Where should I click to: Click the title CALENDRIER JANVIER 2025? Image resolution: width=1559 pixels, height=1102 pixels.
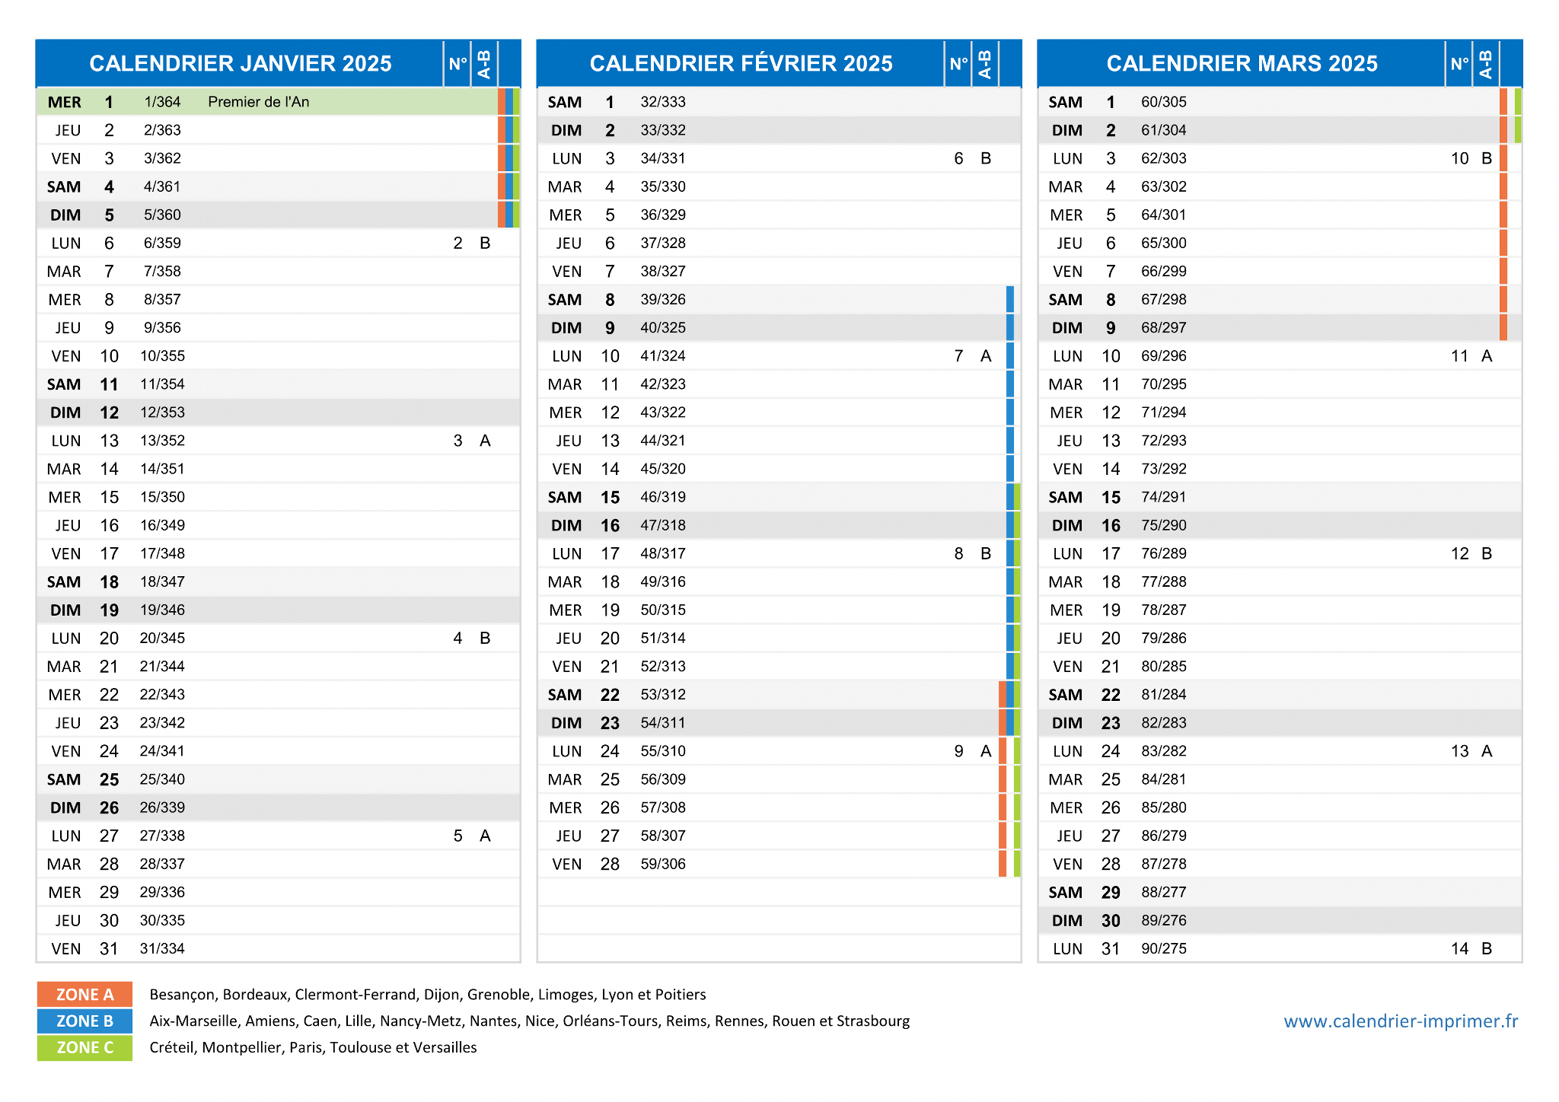(241, 63)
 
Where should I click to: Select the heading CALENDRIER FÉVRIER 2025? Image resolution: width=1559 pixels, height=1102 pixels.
(741, 63)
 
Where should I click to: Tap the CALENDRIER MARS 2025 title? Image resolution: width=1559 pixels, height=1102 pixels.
(1242, 63)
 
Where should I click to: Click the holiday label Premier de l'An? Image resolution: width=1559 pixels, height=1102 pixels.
(259, 102)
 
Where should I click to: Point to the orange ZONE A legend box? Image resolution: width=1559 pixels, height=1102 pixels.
(84, 994)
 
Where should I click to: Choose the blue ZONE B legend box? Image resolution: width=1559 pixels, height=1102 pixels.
(84, 1021)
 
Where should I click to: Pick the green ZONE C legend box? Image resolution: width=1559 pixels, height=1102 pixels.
(84, 1047)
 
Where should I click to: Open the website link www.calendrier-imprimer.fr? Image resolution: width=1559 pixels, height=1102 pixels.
(1401, 1021)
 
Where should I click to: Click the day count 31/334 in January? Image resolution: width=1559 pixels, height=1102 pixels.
(162, 948)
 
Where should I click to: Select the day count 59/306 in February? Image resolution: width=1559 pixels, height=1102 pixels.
(663, 864)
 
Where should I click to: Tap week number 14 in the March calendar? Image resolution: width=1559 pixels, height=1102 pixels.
(1459, 948)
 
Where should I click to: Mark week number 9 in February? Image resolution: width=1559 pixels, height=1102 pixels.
(958, 751)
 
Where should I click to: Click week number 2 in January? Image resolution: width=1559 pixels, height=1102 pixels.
(457, 243)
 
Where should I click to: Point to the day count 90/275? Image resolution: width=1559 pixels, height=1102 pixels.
(1164, 948)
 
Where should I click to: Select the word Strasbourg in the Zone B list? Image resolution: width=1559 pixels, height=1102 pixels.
(873, 1021)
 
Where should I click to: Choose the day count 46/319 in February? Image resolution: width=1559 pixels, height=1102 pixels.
(663, 497)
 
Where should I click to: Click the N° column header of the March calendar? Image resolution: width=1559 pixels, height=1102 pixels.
(1459, 63)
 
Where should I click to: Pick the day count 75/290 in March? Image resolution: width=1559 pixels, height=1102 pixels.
(1164, 525)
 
